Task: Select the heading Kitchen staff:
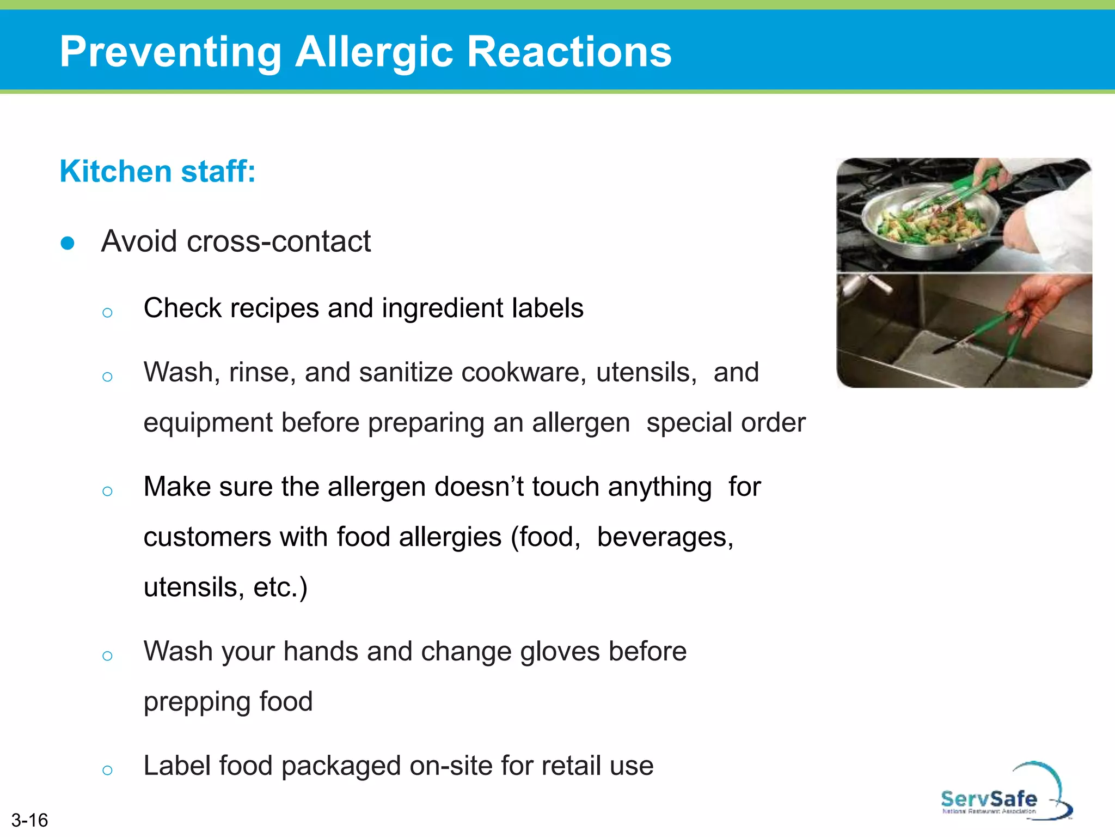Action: [157, 171]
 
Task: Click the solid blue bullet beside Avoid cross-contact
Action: [68, 243]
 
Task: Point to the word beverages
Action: [665, 537]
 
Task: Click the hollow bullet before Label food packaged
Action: [107, 770]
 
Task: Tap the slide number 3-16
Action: [29, 820]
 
